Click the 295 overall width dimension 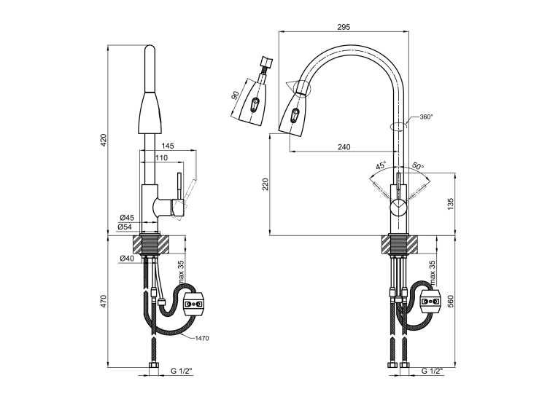(344, 27)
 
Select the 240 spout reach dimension (344, 147)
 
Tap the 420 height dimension (104, 140)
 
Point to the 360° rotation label (426, 117)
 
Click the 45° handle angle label (381, 165)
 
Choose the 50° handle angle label (418, 165)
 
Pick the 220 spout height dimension (266, 184)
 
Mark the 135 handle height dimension (452, 205)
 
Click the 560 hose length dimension (452, 302)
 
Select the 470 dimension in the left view (104, 302)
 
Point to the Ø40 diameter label (127, 259)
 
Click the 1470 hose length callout (202, 338)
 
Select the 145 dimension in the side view (168, 146)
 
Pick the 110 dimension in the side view (161, 158)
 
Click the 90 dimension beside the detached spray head (235, 95)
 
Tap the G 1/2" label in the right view (432, 371)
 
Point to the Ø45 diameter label (127, 218)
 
